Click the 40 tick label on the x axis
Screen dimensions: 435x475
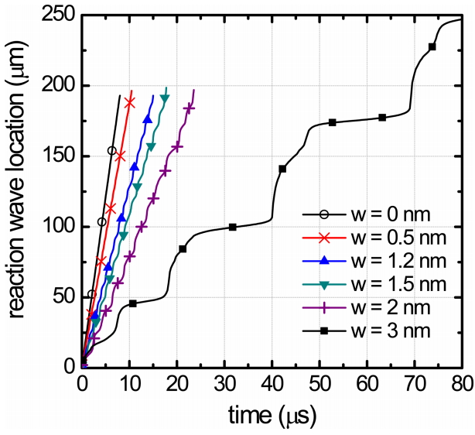point(272,382)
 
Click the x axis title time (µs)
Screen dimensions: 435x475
point(271,415)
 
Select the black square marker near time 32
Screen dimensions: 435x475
point(233,227)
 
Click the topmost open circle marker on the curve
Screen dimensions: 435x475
point(111,151)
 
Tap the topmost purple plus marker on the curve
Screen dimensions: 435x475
point(188,108)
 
